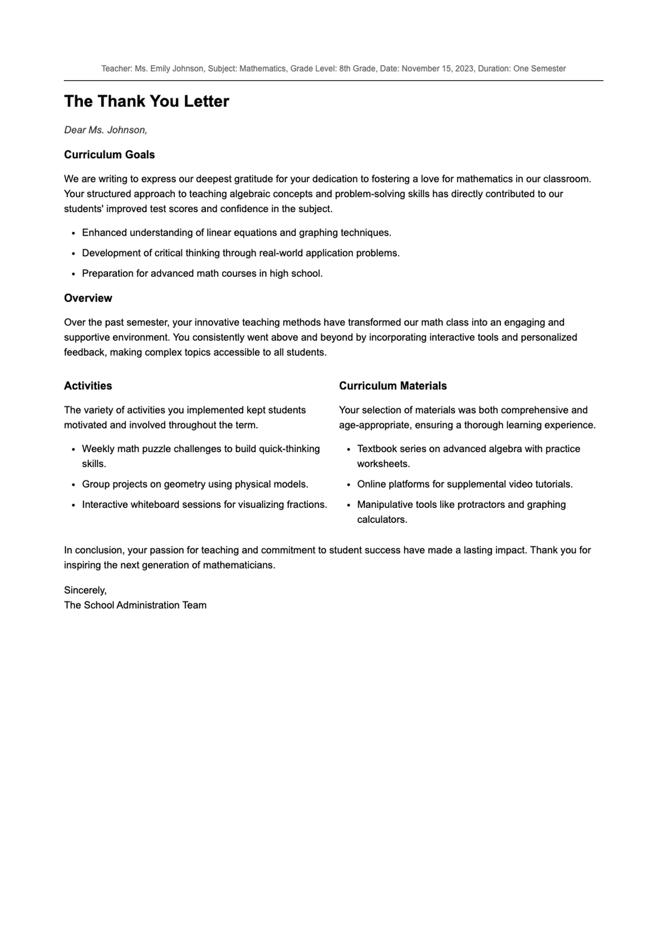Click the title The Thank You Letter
point(146,101)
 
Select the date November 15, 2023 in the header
point(438,68)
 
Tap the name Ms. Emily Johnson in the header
point(169,68)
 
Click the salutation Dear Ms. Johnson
point(106,130)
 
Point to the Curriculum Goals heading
point(109,155)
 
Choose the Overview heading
point(88,298)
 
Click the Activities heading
point(88,386)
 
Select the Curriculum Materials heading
point(392,386)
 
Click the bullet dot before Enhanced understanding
point(73,233)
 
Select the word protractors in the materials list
point(481,505)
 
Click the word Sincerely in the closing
point(85,590)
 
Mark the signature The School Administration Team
point(135,605)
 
